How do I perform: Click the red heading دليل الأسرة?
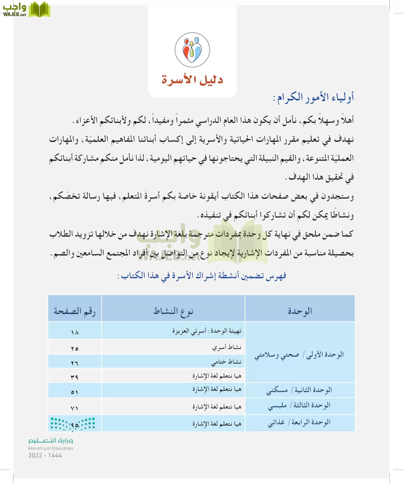[192, 80]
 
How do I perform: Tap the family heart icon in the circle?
[192, 50]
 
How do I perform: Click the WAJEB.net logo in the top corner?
[26, 10]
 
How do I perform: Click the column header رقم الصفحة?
[75, 311]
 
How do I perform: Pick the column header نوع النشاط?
[173, 311]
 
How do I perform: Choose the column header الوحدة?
[300, 311]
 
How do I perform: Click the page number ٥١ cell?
[75, 392]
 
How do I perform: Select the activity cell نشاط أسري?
[227, 347]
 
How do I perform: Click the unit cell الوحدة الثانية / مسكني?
[299, 390]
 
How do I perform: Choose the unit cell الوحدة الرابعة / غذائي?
[299, 423]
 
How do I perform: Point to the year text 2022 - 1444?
[45, 455]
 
